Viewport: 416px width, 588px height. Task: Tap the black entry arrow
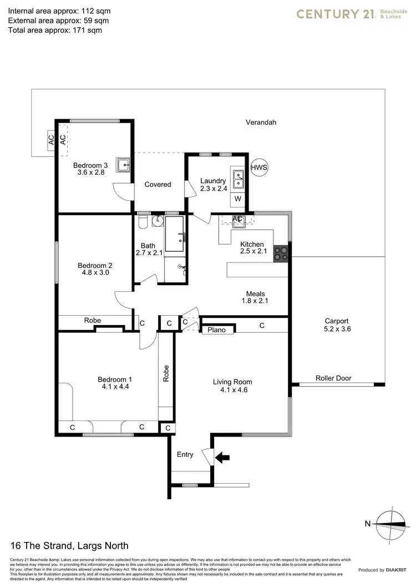[222, 458]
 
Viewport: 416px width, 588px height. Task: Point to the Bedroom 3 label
[90, 165]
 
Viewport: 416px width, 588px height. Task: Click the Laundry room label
[213, 181]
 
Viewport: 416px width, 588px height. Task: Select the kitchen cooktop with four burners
[281, 253]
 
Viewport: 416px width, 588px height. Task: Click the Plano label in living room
[217, 330]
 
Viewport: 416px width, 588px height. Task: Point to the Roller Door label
[333, 378]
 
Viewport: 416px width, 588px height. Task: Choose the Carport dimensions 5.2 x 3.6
[337, 329]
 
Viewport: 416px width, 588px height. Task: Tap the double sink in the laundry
[239, 179]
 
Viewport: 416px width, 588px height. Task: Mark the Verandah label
[261, 123]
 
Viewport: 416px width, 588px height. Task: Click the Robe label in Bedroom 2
[92, 320]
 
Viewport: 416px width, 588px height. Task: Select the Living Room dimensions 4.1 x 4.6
[232, 391]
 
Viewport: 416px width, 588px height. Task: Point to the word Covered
[158, 184]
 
